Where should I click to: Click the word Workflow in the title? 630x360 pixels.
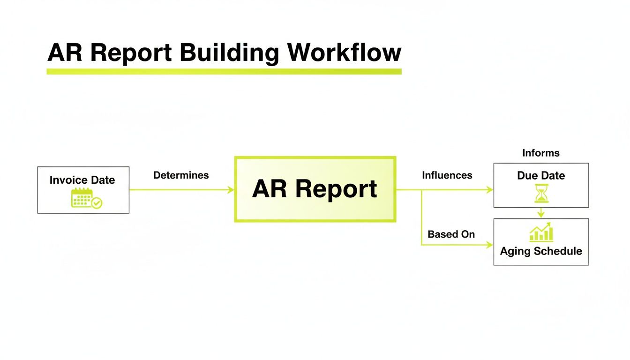pos(345,52)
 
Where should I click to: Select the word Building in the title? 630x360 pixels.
pos(230,52)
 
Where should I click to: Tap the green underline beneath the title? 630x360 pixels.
pos(224,72)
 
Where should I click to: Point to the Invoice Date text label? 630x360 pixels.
pos(82,180)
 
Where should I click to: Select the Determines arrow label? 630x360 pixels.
pos(181,175)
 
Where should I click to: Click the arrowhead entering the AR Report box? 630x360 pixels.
pos(231,190)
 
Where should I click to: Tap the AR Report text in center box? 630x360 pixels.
pos(315,189)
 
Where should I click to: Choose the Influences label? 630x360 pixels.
pos(447,175)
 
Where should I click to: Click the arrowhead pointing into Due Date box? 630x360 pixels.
pos(490,190)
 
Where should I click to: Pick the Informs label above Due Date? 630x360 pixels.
pos(540,153)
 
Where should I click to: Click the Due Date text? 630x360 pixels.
pos(541,176)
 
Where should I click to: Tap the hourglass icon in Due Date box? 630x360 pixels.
pos(541,193)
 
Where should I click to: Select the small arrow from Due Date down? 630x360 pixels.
pos(541,213)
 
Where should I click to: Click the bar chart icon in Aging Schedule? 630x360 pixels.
pos(541,233)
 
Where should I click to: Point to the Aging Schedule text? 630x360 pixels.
pos(541,251)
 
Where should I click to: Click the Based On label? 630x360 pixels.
pos(451,234)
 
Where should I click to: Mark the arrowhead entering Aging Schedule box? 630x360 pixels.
pos(490,245)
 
